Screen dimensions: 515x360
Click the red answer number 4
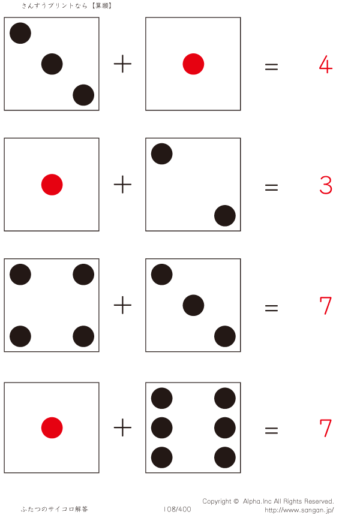pyautogui.click(x=326, y=65)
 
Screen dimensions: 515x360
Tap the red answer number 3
pyautogui.click(x=326, y=186)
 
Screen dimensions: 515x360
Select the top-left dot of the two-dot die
pyautogui.click(x=162, y=154)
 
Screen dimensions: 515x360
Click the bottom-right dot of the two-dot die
pyautogui.click(x=224, y=216)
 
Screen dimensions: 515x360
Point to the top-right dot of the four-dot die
pyautogui.click(x=83, y=275)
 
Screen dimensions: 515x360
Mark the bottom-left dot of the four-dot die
pyautogui.click(x=20, y=336)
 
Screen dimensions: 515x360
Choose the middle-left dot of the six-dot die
pyautogui.click(x=162, y=427)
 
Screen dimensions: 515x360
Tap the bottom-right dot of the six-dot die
pyautogui.click(x=224, y=457)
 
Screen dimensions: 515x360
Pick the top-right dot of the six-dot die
pyautogui.click(x=224, y=398)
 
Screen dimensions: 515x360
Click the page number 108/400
pyautogui.click(x=177, y=509)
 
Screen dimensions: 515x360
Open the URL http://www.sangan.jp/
pyautogui.click(x=299, y=510)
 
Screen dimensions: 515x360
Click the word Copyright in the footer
pyautogui.click(x=217, y=501)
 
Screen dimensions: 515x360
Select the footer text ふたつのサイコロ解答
pyautogui.click(x=55, y=509)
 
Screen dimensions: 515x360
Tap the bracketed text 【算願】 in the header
pyautogui.click(x=101, y=6)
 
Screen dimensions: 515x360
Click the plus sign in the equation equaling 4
pyautogui.click(x=122, y=64)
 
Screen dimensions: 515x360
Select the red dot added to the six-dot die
pyautogui.click(x=52, y=427)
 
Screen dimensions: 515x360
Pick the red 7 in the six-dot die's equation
pyautogui.click(x=326, y=428)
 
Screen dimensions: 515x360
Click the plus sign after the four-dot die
pyautogui.click(x=122, y=306)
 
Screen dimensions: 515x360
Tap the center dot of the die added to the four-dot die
pyautogui.click(x=193, y=305)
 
